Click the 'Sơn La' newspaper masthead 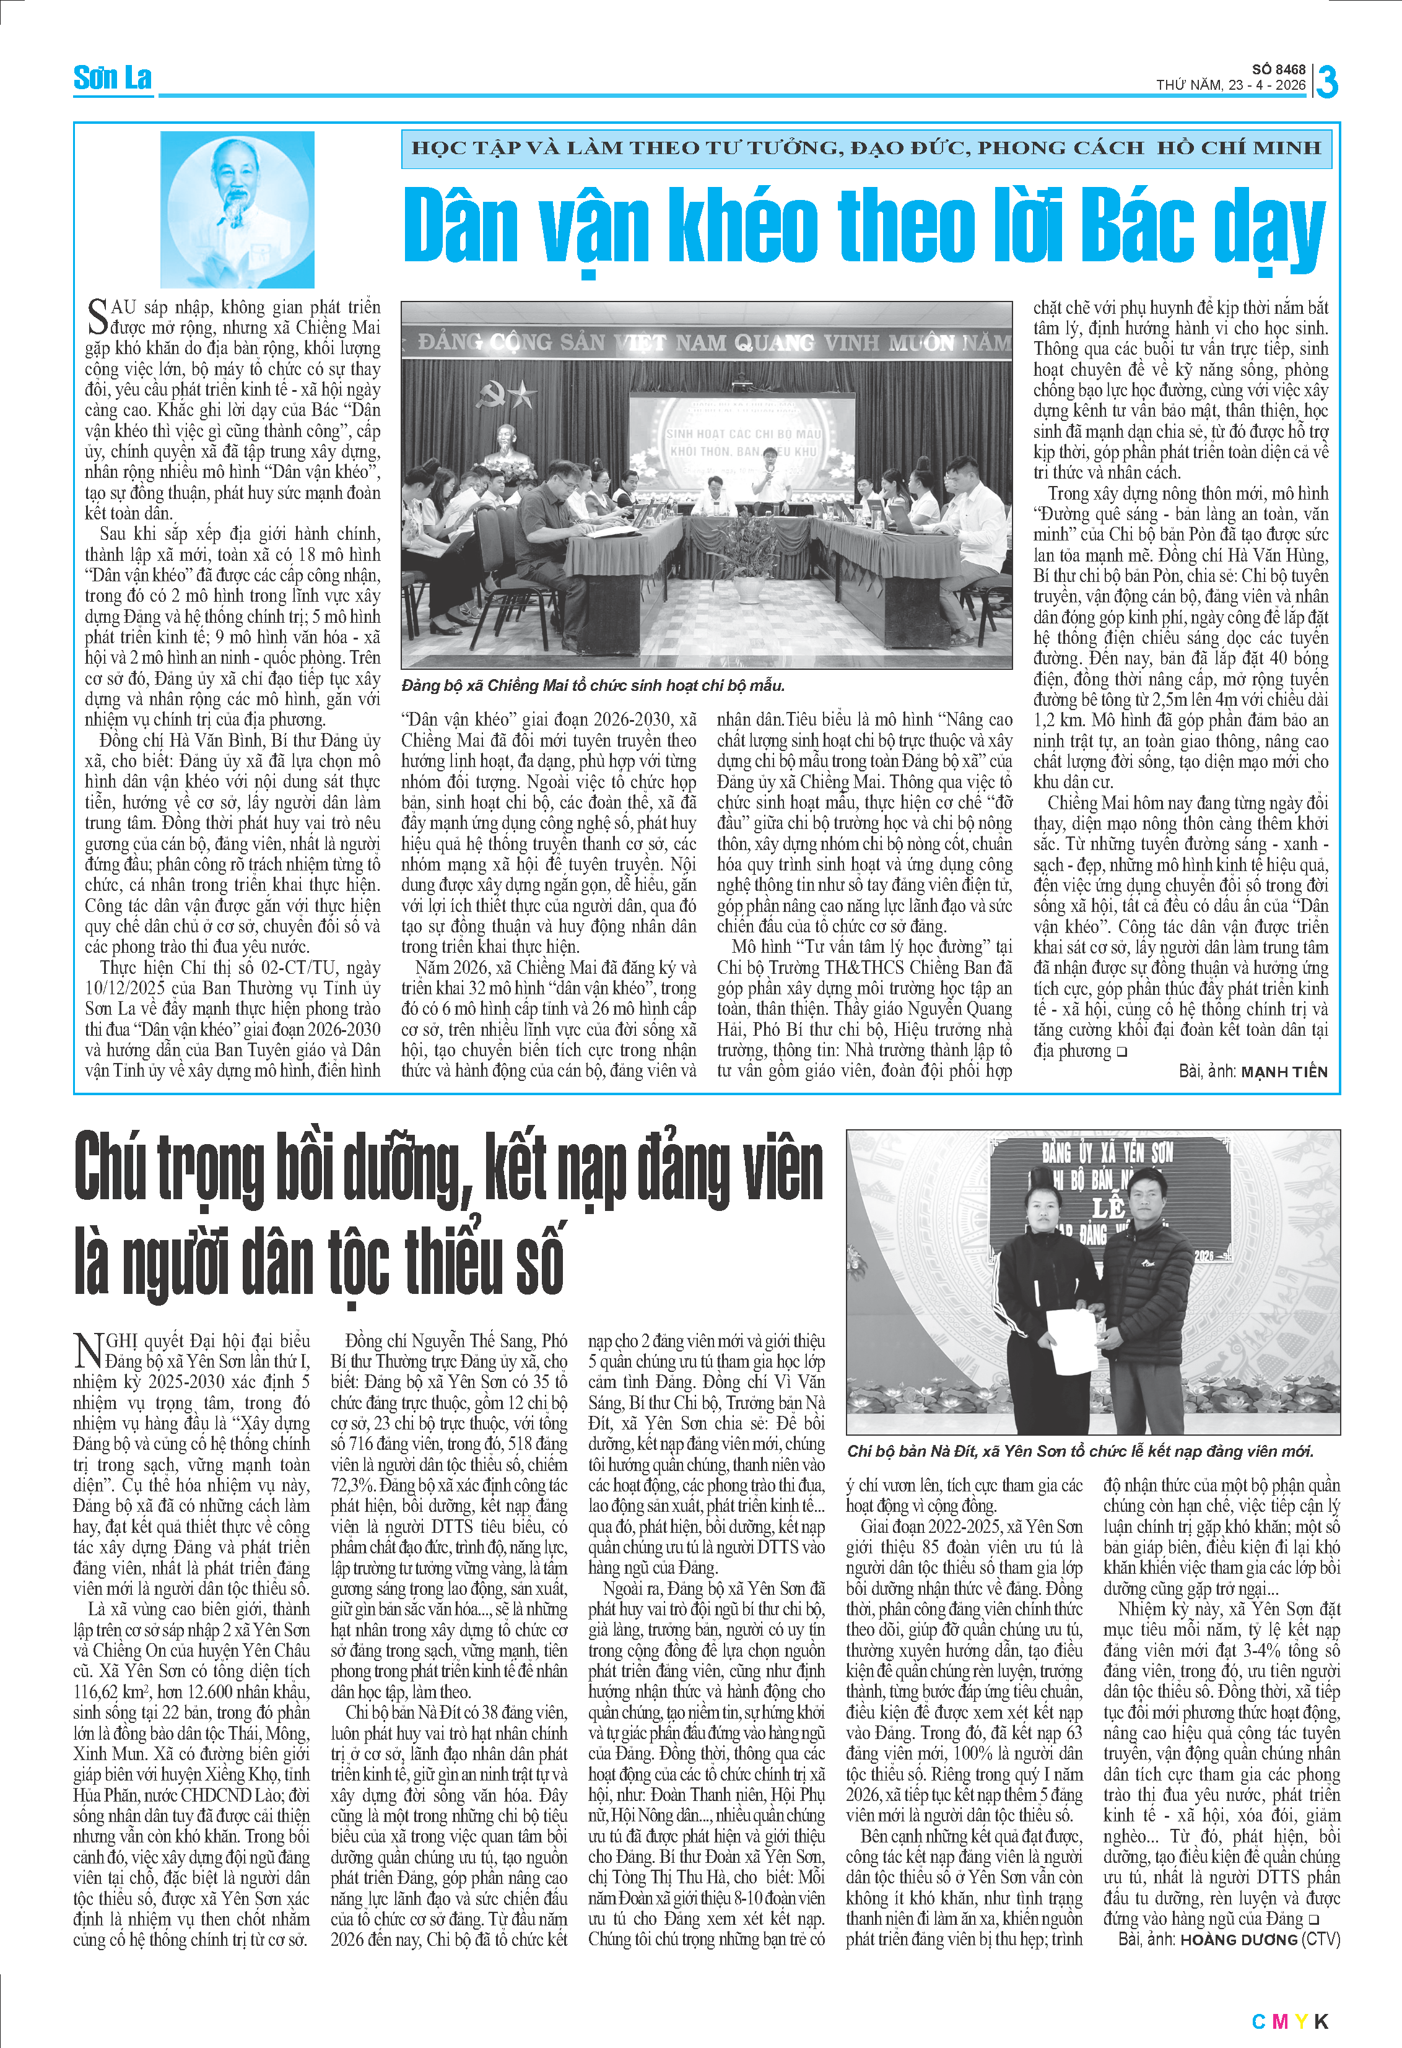coord(113,79)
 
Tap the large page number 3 coord(1326,82)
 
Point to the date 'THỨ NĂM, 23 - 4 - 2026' coord(1230,85)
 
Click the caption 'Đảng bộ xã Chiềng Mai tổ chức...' coord(592,685)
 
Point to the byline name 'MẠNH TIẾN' coord(1283,1072)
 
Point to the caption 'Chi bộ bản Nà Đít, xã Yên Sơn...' coord(1079,1451)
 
